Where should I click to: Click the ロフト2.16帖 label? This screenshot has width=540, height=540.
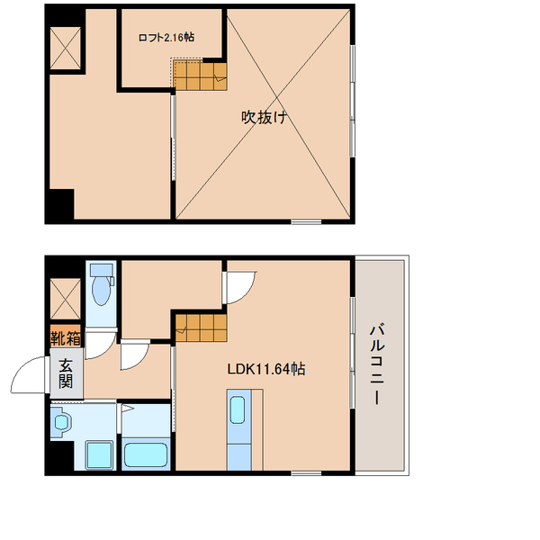point(166,37)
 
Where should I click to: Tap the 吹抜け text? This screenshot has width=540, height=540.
point(264,117)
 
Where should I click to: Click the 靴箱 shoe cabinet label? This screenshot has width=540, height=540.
point(66,339)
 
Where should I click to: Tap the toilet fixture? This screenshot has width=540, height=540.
point(101,286)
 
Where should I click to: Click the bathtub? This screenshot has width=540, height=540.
point(147,452)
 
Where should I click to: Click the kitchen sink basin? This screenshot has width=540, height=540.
point(238,409)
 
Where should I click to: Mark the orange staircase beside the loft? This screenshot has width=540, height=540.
point(199,76)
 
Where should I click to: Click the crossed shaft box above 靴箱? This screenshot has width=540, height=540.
point(66,299)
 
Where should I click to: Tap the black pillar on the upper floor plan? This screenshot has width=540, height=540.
point(59,204)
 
